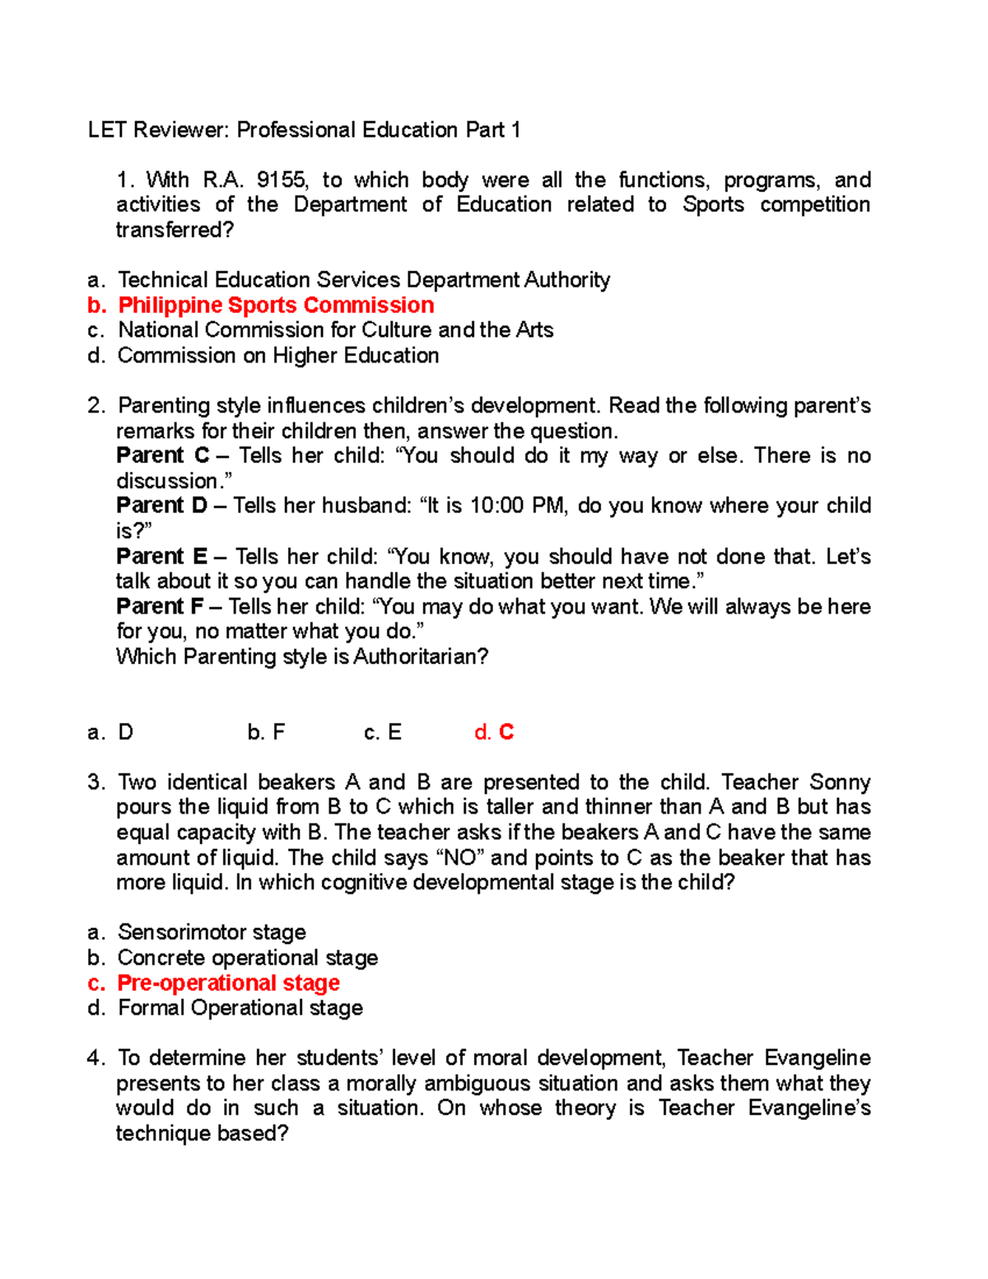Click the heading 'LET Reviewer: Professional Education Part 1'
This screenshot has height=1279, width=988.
tap(304, 130)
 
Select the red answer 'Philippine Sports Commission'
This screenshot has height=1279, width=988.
tap(276, 306)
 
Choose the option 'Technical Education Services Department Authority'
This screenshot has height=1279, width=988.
tap(364, 280)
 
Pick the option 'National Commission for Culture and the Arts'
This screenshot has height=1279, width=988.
tap(335, 330)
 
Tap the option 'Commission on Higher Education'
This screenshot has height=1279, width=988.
tap(278, 356)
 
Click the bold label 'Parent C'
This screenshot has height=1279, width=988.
tap(163, 455)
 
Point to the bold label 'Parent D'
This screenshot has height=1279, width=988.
tap(162, 506)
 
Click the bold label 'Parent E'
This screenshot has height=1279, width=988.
tap(162, 557)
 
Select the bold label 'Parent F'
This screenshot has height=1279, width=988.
tap(160, 607)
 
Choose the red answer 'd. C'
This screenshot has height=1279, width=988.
tap(494, 732)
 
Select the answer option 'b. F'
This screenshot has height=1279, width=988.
tap(266, 732)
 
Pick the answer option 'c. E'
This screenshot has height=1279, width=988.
tap(383, 732)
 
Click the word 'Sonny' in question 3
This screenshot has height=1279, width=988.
tap(840, 782)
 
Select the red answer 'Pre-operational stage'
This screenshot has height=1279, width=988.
tap(228, 983)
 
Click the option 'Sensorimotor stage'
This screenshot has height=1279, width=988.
tap(212, 932)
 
